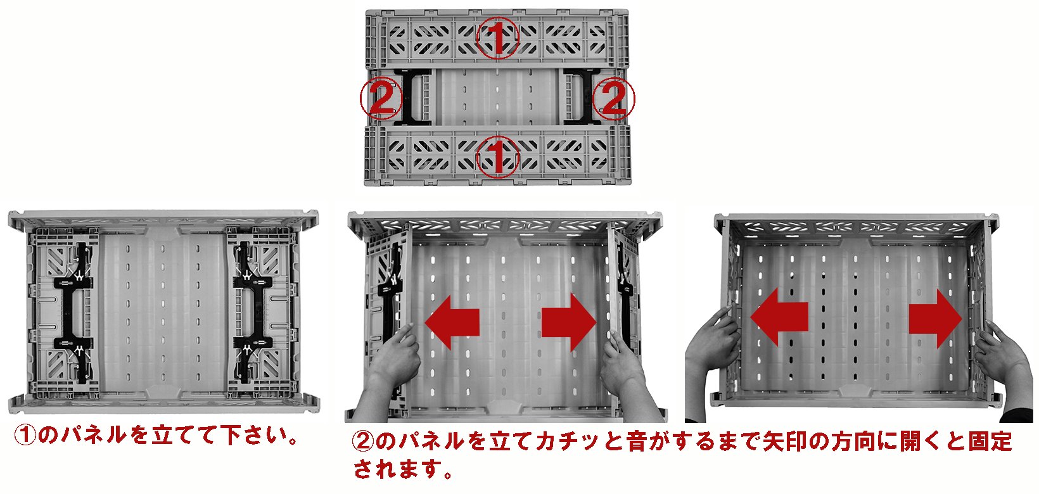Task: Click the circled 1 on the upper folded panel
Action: point(497,37)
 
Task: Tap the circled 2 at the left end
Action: point(381,98)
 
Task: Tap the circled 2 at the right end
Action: point(613,98)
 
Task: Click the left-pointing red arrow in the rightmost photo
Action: point(779,317)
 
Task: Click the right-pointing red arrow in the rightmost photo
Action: point(935,319)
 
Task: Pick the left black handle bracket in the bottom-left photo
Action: point(74,313)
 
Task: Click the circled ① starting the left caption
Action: point(25,435)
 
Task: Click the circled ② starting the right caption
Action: point(363,441)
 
